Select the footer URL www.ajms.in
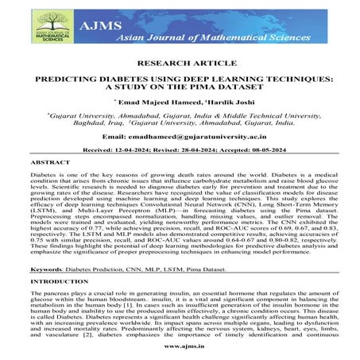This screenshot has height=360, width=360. click(x=180, y=347)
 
